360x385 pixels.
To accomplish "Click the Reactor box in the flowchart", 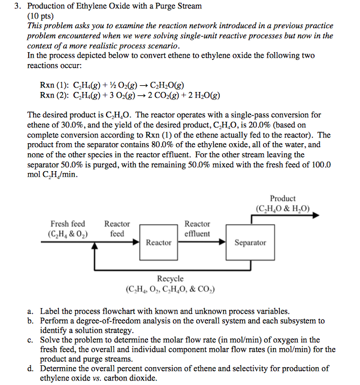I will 158,242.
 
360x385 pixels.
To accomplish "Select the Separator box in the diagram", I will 250,242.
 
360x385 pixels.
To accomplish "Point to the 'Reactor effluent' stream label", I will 197,228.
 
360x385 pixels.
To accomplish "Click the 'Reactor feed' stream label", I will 117,228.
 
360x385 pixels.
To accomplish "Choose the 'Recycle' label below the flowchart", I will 170,278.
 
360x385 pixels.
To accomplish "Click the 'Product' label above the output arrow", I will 283,199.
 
